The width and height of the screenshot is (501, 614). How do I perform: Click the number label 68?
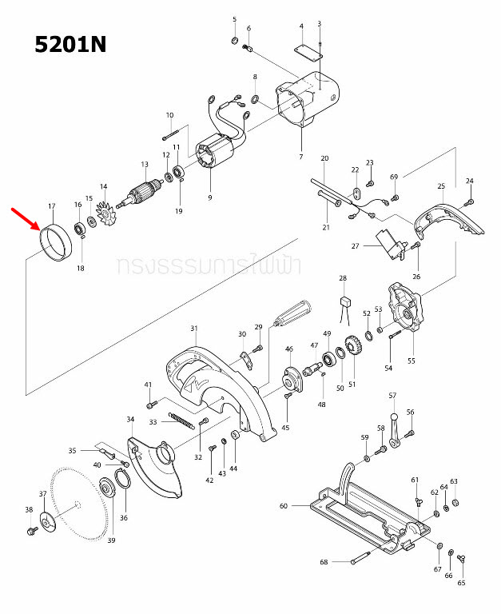(x=324, y=563)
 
